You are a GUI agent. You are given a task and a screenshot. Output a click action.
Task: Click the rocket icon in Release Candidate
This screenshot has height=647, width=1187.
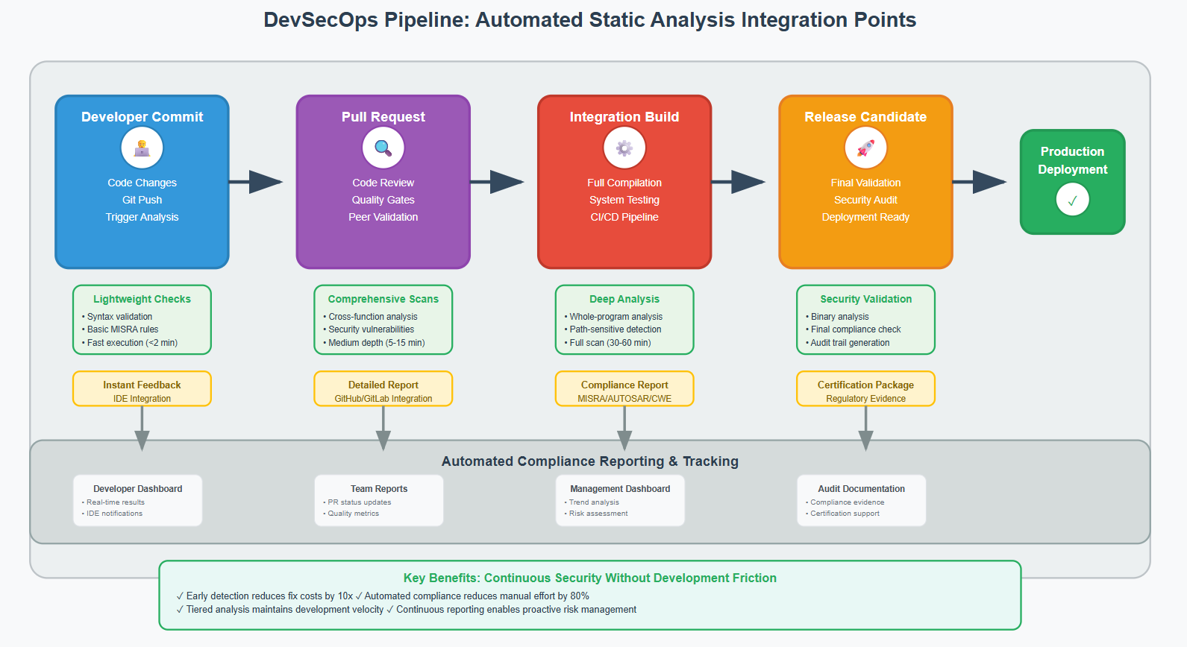(x=865, y=148)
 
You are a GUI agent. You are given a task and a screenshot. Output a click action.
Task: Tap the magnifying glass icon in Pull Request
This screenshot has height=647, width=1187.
(x=383, y=148)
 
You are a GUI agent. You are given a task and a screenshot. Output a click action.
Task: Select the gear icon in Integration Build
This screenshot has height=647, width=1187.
(x=624, y=148)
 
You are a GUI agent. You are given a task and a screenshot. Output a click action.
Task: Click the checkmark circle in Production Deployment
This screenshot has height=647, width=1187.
(x=1072, y=200)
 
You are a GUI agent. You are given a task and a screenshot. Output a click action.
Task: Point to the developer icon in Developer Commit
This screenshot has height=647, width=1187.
(x=142, y=148)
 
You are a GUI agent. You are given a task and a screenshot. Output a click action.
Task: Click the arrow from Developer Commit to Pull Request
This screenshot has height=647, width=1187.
(x=256, y=181)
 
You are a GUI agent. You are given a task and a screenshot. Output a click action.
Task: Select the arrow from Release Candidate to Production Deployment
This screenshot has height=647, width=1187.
(x=980, y=181)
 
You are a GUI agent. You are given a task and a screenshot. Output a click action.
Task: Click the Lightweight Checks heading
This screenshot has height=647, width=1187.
(x=142, y=299)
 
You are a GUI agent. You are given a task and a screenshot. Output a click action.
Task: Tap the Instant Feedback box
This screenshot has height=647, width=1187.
(x=142, y=388)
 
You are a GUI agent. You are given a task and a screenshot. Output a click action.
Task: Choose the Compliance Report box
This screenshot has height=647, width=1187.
(x=624, y=388)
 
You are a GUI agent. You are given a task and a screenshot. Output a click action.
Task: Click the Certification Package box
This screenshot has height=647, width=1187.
(x=865, y=388)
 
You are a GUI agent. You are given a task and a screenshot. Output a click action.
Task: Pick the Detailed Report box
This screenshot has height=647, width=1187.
(x=383, y=388)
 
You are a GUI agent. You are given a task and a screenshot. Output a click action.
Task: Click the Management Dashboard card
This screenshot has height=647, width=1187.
(x=620, y=500)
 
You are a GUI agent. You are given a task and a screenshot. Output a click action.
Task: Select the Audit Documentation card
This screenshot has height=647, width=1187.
(x=861, y=500)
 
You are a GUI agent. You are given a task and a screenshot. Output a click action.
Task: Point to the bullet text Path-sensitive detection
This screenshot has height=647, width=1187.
(x=616, y=329)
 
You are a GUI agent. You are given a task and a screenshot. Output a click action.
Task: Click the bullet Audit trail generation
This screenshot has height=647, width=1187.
(x=850, y=343)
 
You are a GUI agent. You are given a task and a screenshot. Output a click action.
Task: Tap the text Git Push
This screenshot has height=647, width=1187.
(x=142, y=200)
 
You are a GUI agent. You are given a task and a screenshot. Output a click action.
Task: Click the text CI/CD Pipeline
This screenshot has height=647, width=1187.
(x=624, y=217)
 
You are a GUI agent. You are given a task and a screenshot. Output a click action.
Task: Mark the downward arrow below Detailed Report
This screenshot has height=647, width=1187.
(x=383, y=430)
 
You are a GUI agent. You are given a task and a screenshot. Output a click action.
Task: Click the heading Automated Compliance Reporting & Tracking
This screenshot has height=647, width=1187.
(x=589, y=461)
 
